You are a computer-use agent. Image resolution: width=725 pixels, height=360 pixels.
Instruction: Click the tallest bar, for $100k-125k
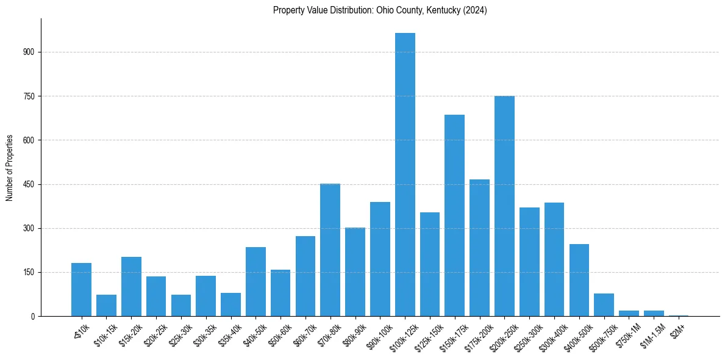click(x=405, y=175)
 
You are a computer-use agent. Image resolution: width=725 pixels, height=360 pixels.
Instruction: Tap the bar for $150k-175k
click(x=454, y=215)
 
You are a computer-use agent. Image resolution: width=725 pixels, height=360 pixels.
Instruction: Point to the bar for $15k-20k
click(x=131, y=287)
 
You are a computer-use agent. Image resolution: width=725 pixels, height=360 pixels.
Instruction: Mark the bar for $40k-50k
click(x=255, y=282)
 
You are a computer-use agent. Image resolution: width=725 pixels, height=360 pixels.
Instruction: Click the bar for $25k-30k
click(x=181, y=306)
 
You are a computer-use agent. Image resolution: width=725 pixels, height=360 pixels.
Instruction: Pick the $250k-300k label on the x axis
click(x=526, y=335)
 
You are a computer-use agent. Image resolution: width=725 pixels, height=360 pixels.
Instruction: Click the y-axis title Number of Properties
click(x=10, y=168)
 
